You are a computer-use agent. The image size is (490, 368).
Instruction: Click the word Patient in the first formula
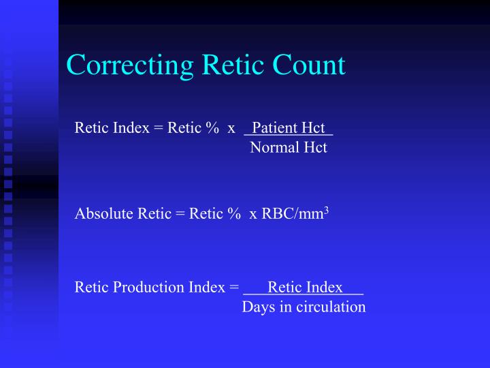(274, 127)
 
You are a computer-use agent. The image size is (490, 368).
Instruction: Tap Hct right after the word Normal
(314, 147)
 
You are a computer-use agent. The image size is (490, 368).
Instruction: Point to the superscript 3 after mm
(327, 210)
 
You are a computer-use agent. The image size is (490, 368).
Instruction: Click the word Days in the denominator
(257, 307)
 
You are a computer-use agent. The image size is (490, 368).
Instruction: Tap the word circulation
(331, 307)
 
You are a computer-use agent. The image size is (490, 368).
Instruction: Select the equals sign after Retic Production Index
(233, 288)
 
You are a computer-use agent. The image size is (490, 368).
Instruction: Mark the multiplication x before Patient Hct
(231, 129)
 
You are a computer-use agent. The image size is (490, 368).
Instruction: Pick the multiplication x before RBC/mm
(253, 215)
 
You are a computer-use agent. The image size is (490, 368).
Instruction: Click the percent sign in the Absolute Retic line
(234, 213)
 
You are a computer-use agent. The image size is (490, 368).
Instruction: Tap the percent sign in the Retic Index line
(213, 127)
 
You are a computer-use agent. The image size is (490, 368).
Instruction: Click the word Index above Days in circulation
(325, 287)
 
